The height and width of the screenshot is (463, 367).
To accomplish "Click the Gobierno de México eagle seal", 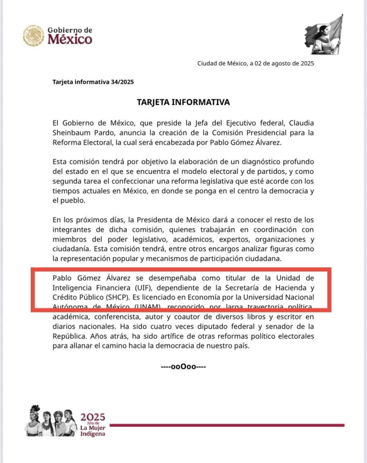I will click(34, 36).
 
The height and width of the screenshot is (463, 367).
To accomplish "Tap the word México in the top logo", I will click(70, 40).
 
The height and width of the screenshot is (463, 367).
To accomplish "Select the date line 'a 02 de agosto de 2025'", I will click(282, 63).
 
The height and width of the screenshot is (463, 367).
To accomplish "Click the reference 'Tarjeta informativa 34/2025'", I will click(93, 82).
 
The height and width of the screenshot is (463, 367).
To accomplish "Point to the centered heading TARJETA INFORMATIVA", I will click(183, 102).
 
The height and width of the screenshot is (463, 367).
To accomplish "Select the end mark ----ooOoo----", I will click(183, 366).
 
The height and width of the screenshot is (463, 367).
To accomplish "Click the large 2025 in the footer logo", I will click(93, 416).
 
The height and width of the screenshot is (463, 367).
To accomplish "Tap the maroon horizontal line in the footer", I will click(226, 425).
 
